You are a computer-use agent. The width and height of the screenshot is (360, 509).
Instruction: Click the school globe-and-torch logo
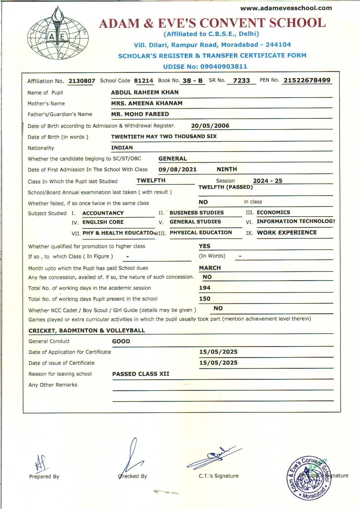point(58,33)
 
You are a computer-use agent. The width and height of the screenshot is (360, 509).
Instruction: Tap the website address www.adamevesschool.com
point(286,8)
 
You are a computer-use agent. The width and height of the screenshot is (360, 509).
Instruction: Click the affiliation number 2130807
point(82,81)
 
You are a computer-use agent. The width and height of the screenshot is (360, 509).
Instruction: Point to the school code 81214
point(143,81)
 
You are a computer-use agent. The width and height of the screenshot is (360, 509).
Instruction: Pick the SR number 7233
point(241,81)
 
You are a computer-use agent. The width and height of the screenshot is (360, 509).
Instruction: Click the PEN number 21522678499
point(307,80)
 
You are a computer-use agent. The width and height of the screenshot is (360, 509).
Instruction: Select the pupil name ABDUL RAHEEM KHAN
point(145,92)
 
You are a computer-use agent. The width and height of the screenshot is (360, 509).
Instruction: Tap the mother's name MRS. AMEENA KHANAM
point(147,103)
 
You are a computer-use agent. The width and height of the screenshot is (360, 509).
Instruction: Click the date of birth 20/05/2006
point(210,126)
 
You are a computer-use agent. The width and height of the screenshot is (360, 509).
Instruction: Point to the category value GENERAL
point(172,159)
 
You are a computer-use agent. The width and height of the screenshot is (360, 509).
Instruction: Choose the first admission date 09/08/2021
point(177,170)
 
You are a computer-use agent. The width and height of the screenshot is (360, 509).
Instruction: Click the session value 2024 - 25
point(267,181)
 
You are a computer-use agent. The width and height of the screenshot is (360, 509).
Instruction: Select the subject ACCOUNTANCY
point(103,213)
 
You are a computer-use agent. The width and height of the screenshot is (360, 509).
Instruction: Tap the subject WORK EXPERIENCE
point(287,233)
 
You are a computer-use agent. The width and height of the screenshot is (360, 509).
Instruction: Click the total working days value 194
point(204,288)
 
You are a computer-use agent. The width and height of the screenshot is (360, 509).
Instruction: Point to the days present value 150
point(204,299)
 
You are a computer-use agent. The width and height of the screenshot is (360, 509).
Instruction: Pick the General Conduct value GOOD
point(121,341)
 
